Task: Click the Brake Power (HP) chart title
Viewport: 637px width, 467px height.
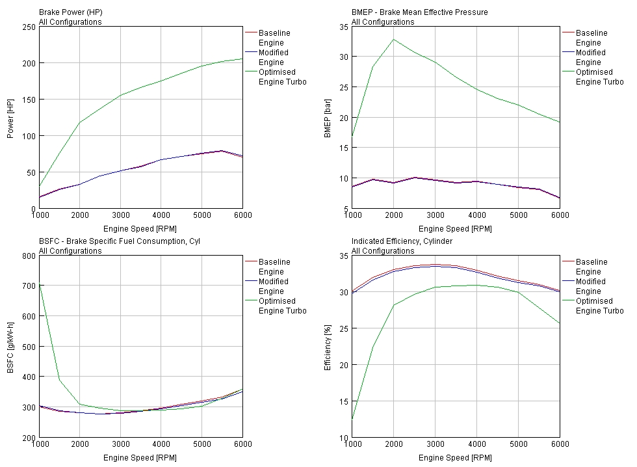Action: click(x=70, y=12)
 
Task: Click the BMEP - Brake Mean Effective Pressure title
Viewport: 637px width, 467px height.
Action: click(x=419, y=12)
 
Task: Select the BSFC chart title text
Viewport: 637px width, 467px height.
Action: click(x=120, y=241)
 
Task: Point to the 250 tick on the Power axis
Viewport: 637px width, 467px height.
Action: click(x=29, y=27)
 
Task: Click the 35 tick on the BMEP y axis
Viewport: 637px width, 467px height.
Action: click(x=344, y=27)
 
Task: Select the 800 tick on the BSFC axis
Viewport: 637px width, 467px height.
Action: click(x=29, y=256)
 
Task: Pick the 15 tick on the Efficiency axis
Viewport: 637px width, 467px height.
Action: click(x=344, y=401)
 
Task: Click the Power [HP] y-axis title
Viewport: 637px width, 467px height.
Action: click(x=10, y=118)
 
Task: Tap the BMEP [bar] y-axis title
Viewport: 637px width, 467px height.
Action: click(x=328, y=118)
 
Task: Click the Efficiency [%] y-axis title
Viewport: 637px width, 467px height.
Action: click(x=328, y=347)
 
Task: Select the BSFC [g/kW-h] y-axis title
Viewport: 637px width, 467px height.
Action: click(x=10, y=347)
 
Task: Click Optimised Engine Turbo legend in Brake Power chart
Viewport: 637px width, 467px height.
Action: click(x=282, y=77)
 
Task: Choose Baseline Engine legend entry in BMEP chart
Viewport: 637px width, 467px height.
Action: click(x=591, y=38)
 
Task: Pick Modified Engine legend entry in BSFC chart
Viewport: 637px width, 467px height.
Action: click(x=274, y=286)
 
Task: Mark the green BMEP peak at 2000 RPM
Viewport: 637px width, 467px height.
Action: click(x=394, y=39)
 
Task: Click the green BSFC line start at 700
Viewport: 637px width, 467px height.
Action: click(x=40, y=286)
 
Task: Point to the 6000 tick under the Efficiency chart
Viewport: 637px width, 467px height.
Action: click(x=559, y=444)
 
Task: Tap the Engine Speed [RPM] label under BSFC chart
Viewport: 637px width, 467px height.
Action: click(x=140, y=457)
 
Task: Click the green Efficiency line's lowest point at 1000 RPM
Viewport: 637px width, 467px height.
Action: click(x=353, y=419)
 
